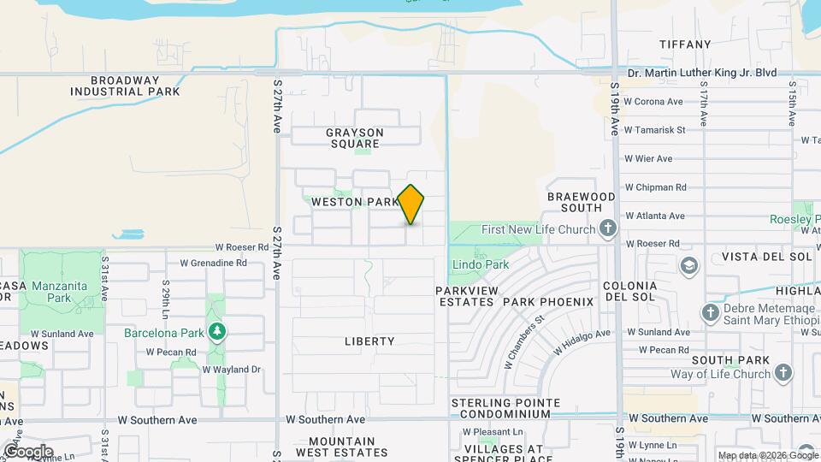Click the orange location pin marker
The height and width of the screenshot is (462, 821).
[411, 204]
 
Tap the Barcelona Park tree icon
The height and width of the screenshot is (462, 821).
[218, 331]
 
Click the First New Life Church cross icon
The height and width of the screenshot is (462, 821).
[607, 228]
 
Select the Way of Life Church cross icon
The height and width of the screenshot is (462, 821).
[783, 372]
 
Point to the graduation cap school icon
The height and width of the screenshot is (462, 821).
[688, 266]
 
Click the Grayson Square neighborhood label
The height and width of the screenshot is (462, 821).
[355, 139]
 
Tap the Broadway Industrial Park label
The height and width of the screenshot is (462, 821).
[137, 85]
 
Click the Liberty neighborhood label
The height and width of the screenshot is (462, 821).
[369, 341]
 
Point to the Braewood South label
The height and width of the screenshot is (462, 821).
[582, 202]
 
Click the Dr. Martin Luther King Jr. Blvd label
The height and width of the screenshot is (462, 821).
[702, 73]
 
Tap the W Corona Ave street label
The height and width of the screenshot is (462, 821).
[654, 102]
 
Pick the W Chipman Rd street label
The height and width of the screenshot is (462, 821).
[656, 187]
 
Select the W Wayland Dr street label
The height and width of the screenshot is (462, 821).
[231, 370]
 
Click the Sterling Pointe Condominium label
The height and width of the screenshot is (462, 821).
[505, 408]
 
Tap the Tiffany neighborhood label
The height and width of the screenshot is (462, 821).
[685, 44]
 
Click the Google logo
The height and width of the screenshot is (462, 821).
[27, 451]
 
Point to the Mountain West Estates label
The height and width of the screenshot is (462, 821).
[342, 446]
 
